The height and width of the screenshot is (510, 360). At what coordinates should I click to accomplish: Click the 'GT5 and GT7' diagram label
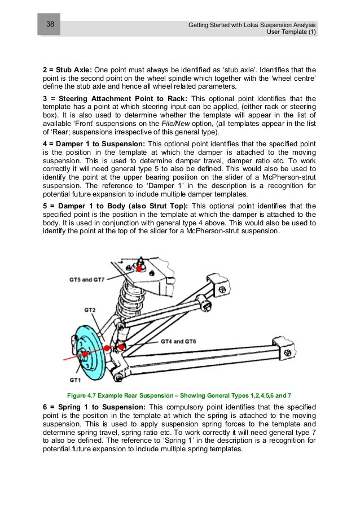pos(96,279)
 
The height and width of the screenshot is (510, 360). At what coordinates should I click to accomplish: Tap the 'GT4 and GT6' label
pos(178,342)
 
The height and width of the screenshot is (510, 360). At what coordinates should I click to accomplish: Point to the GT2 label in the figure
pos(90,310)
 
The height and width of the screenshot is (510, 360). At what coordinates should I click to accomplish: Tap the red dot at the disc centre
pos(85,354)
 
